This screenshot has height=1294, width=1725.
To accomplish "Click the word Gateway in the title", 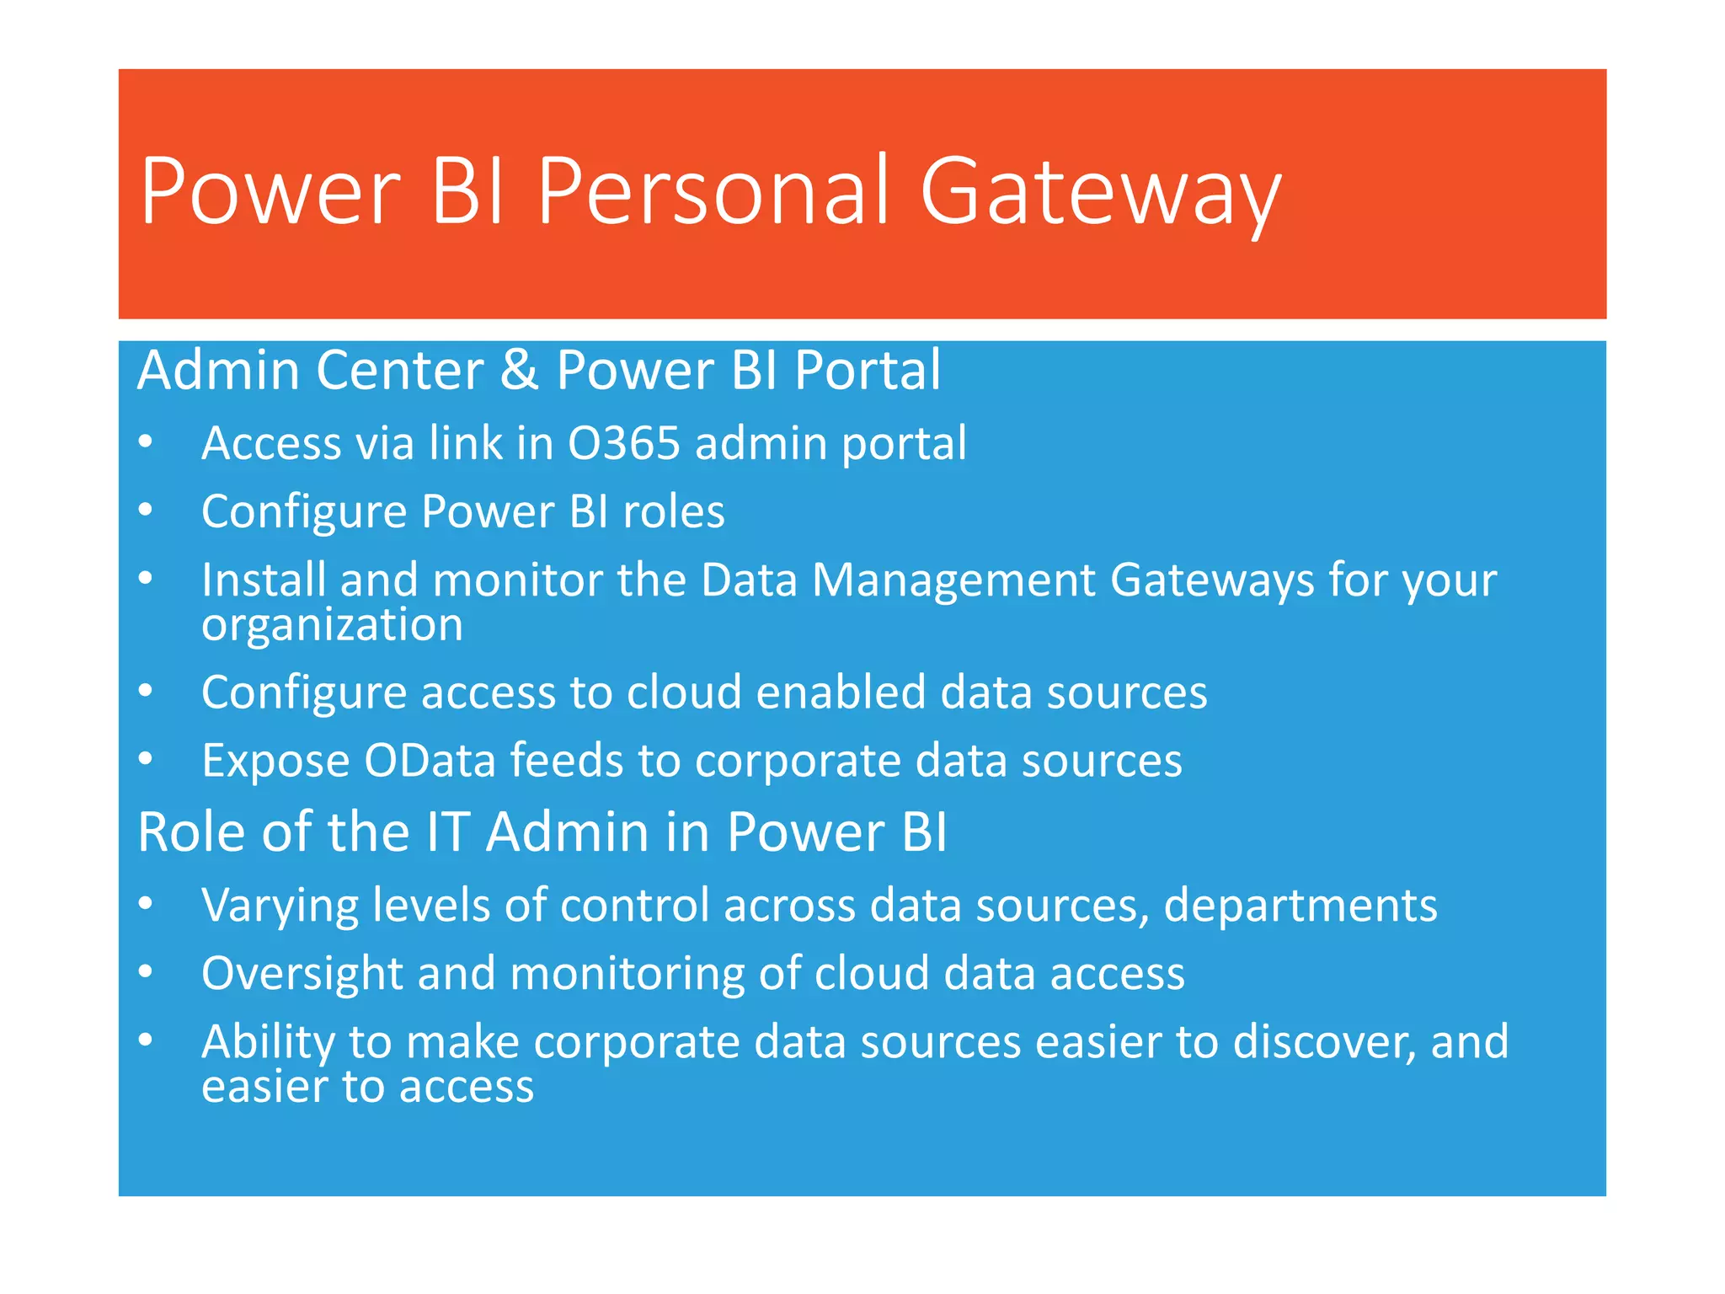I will pyautogui.click(x=1100, y=192).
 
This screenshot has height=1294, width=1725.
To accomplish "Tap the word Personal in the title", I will pyautogui.click(x=713, y=192).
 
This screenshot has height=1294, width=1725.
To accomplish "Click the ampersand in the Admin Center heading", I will pyautogui.click(x=519, y=371).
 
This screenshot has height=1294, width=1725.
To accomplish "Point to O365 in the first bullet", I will pyautogui.click(x=623, y=443).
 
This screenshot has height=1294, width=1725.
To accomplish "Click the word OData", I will pyautogui.click(x=430, y=761).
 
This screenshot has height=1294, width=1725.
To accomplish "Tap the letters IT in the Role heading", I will pyautogui.click(x=447, y=832).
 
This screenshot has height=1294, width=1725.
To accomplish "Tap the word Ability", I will pyautogui.click(x=268, y=1043).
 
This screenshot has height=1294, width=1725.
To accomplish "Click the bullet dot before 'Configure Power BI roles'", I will pyautogui.click(x=146, y=511).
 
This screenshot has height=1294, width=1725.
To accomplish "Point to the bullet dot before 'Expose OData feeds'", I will pyautogui.click(x=146, y=759).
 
